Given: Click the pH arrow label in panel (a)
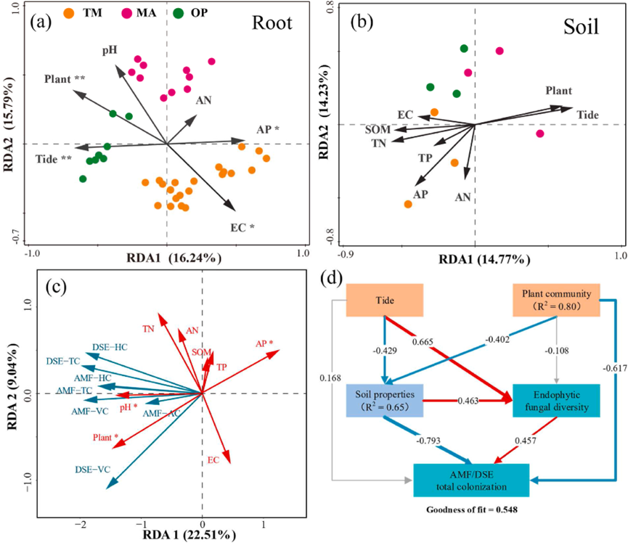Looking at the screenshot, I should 110,50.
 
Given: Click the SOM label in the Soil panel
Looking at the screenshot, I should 378,129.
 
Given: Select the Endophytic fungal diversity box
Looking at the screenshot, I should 557,400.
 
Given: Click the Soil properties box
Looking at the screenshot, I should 388,400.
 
